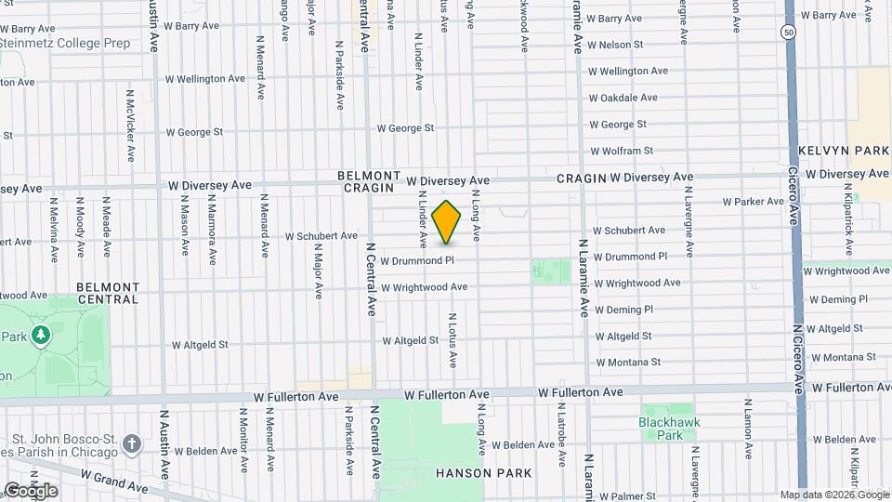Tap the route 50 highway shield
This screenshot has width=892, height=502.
click(x=789, y=32)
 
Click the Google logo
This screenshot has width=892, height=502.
click(x=30, y=490)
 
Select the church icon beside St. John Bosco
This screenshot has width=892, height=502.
click(x=132, y=443)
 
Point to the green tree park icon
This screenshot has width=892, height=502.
click(x=40, y=335)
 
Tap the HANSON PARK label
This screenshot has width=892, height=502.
click(x=483, y=473)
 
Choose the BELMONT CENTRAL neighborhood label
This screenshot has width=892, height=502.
click(x=108, y=293)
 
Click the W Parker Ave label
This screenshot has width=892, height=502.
click(x=754, y=202)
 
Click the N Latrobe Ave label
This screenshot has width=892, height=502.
click(x=560, y=429)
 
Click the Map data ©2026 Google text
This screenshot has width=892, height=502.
click(x=833, y=495)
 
